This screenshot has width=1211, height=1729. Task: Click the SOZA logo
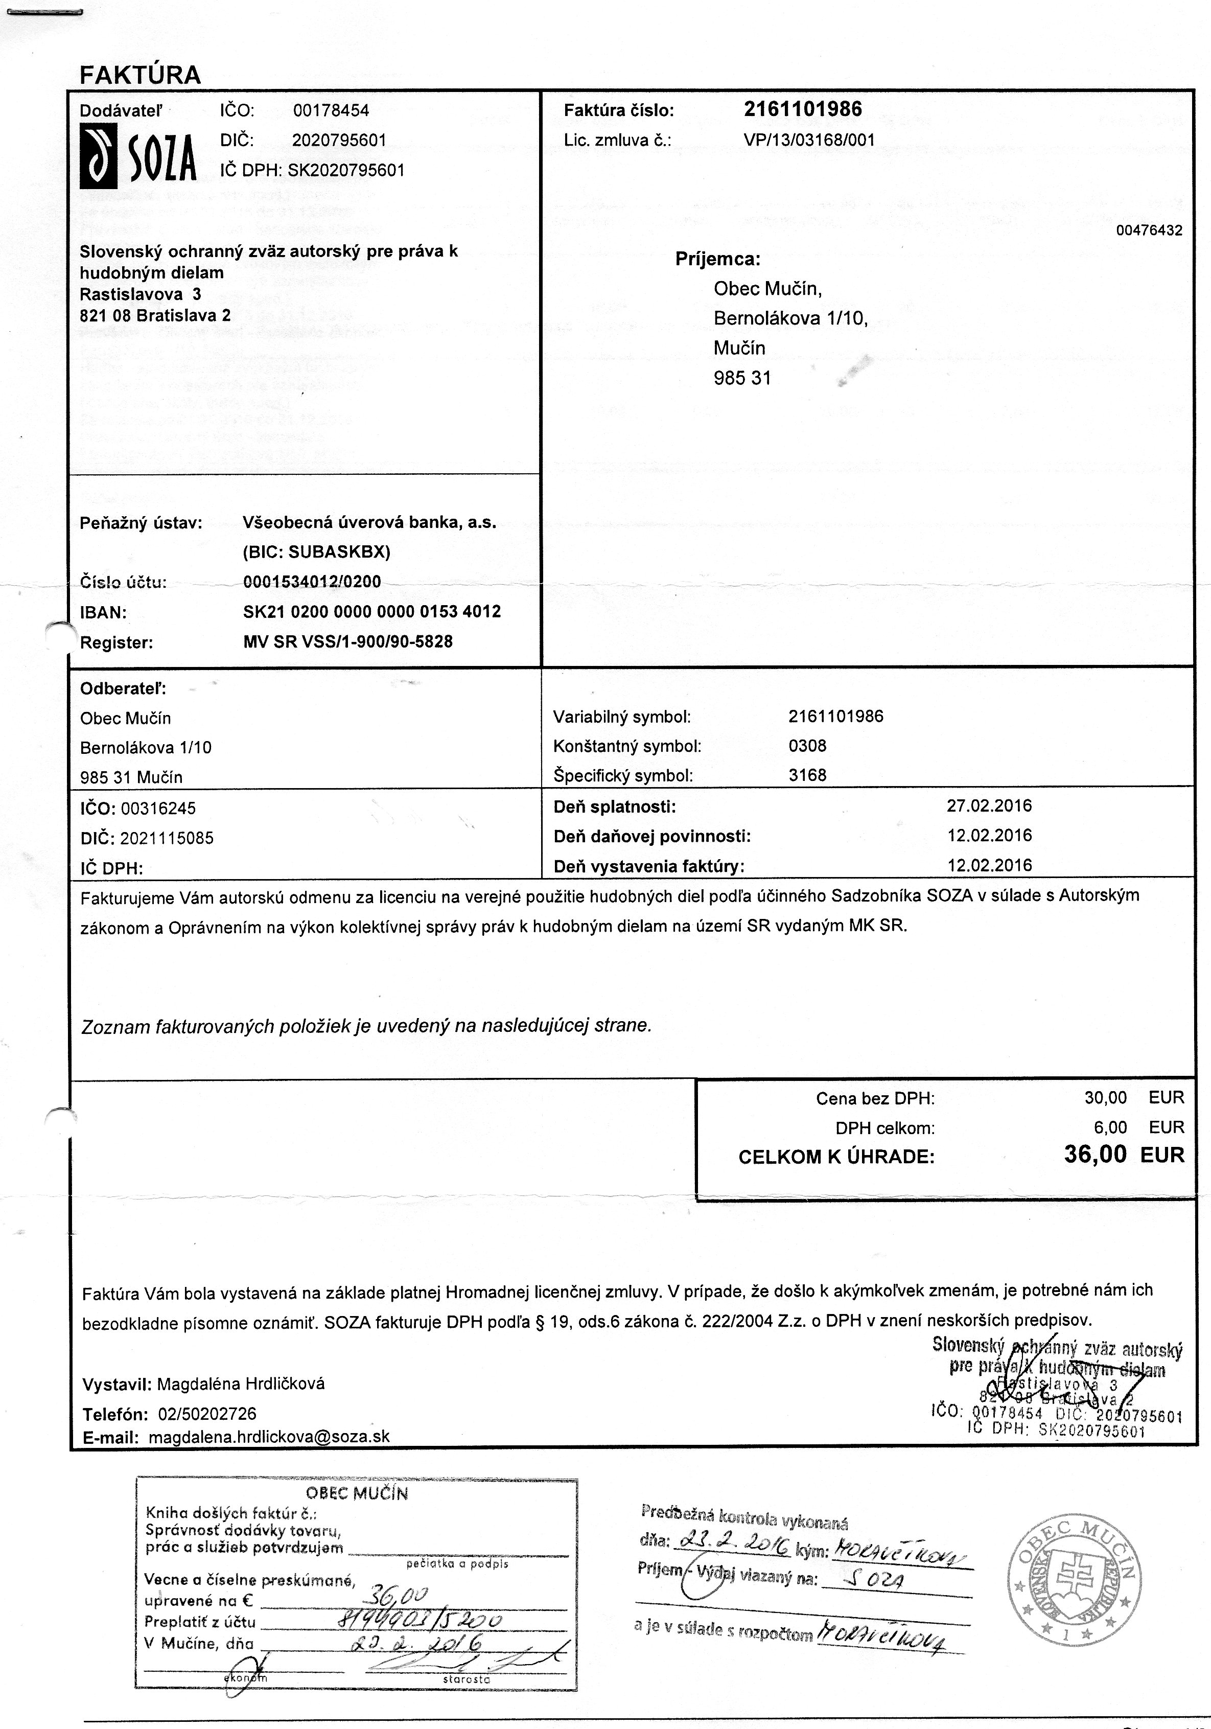coord(138,156)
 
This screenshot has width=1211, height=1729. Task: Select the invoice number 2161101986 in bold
coord(803,109)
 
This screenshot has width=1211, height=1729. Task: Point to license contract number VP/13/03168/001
coord(809,140)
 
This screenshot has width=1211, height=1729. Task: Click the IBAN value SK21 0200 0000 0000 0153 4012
coord(372,611)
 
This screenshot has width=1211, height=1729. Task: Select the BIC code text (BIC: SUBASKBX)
coord(316,552)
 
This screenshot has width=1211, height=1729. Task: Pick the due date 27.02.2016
coord(989,806)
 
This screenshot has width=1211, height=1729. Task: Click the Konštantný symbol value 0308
coord(807,746)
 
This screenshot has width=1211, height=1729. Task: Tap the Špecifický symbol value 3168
coord(807,775)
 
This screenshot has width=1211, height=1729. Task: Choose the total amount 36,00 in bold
coord(1095,1155)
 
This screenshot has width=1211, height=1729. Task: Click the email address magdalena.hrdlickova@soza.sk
coord(270,1436)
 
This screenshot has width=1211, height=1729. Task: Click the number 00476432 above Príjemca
coord(1149,230)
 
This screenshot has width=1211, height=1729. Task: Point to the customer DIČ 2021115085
coord(167,838)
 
